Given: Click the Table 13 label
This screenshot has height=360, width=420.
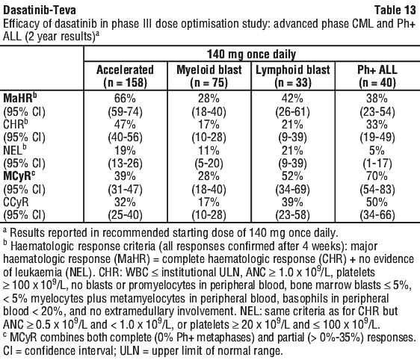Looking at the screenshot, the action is pyautogui.click(x=395, y=10).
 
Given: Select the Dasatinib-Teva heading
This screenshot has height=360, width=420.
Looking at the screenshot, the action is pyautogui.click(x=40, y=10).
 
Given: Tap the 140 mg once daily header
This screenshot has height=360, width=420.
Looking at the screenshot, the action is pyautogui.click(x=252, y=55).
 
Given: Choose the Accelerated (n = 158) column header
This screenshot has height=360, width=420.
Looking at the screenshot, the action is pyautogui.click(x=125, y=76).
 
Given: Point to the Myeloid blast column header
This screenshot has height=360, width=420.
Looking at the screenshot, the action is pyautogui.click(x=209, y=76).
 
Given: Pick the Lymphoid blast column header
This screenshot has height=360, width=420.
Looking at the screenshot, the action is pyautogui.click(x=293, y=76).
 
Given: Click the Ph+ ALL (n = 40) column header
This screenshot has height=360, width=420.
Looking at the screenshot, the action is pyautogui.click(x=377, y=76).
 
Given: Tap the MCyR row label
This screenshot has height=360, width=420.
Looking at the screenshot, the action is pyautogui.click(x=19, y=176).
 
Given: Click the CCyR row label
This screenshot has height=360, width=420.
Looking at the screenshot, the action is pyautogui.click(x=16, y=202).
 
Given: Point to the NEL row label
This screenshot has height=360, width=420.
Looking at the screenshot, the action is pyautogui.click(x=15, y=150).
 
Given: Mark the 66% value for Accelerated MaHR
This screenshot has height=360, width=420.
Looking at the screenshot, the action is pyautogui.click(x=125, y=99).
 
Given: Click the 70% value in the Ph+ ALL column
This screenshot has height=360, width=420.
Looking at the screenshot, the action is pyautogui.click(x=377, y=176).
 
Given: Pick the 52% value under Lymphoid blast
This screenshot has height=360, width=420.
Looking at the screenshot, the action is pyautogui.click(x=293, y=176).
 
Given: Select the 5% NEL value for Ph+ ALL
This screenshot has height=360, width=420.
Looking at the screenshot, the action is pyautogui.click(x=377, y=150).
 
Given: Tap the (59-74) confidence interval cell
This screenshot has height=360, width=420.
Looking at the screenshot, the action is pyautogui.click(x=125, y=112).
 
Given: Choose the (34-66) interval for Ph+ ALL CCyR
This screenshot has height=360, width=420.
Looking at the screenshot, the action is pyautogui.click(x=377, y=215).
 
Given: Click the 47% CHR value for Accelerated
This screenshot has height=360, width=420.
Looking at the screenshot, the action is pyautogui.click(x=125, y=125).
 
